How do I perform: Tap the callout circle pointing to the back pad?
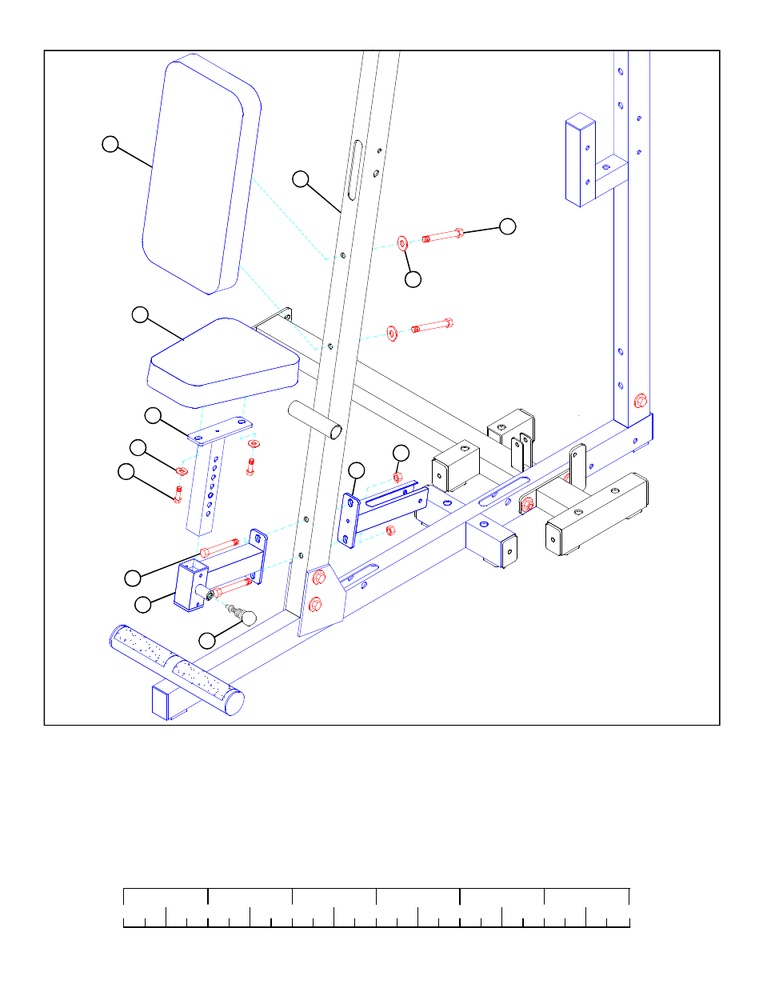[x=110, y=144]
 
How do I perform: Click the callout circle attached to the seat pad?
[x=140, y=314]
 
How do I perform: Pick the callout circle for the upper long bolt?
[x=507, y=226]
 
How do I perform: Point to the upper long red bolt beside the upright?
[x=442, y=235]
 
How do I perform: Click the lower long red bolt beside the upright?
[x=432, y=326]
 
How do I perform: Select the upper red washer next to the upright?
[x=402, y=242]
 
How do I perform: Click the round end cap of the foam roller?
[x=234, y=702]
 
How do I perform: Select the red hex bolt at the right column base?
[x=640, y=401]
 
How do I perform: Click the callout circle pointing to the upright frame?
[x=300, y=179]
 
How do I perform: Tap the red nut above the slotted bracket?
[x=397, y=478]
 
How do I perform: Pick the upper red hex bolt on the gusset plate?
[x=318, y=577]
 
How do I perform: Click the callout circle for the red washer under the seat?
[x=138, y=447]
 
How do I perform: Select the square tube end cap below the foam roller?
[x=160, y=702]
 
